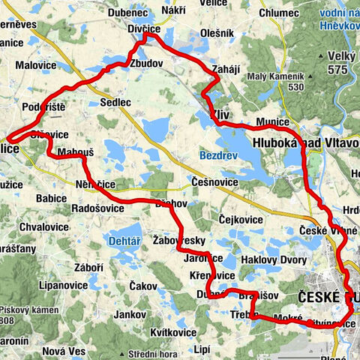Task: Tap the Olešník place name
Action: pyautogui.click(x=217, y=33)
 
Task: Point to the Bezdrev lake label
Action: pyautogui.click(x=217, y=155)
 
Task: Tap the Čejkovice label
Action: pyautogui.click(x=239, y=220)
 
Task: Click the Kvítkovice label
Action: pyautogui.click(x=172, y=331)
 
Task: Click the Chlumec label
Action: pyautogui.click(x=279, y=13)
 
